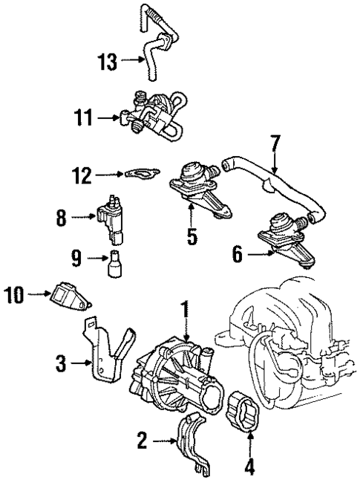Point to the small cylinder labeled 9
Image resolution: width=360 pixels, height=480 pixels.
click(x=116, y=265)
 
